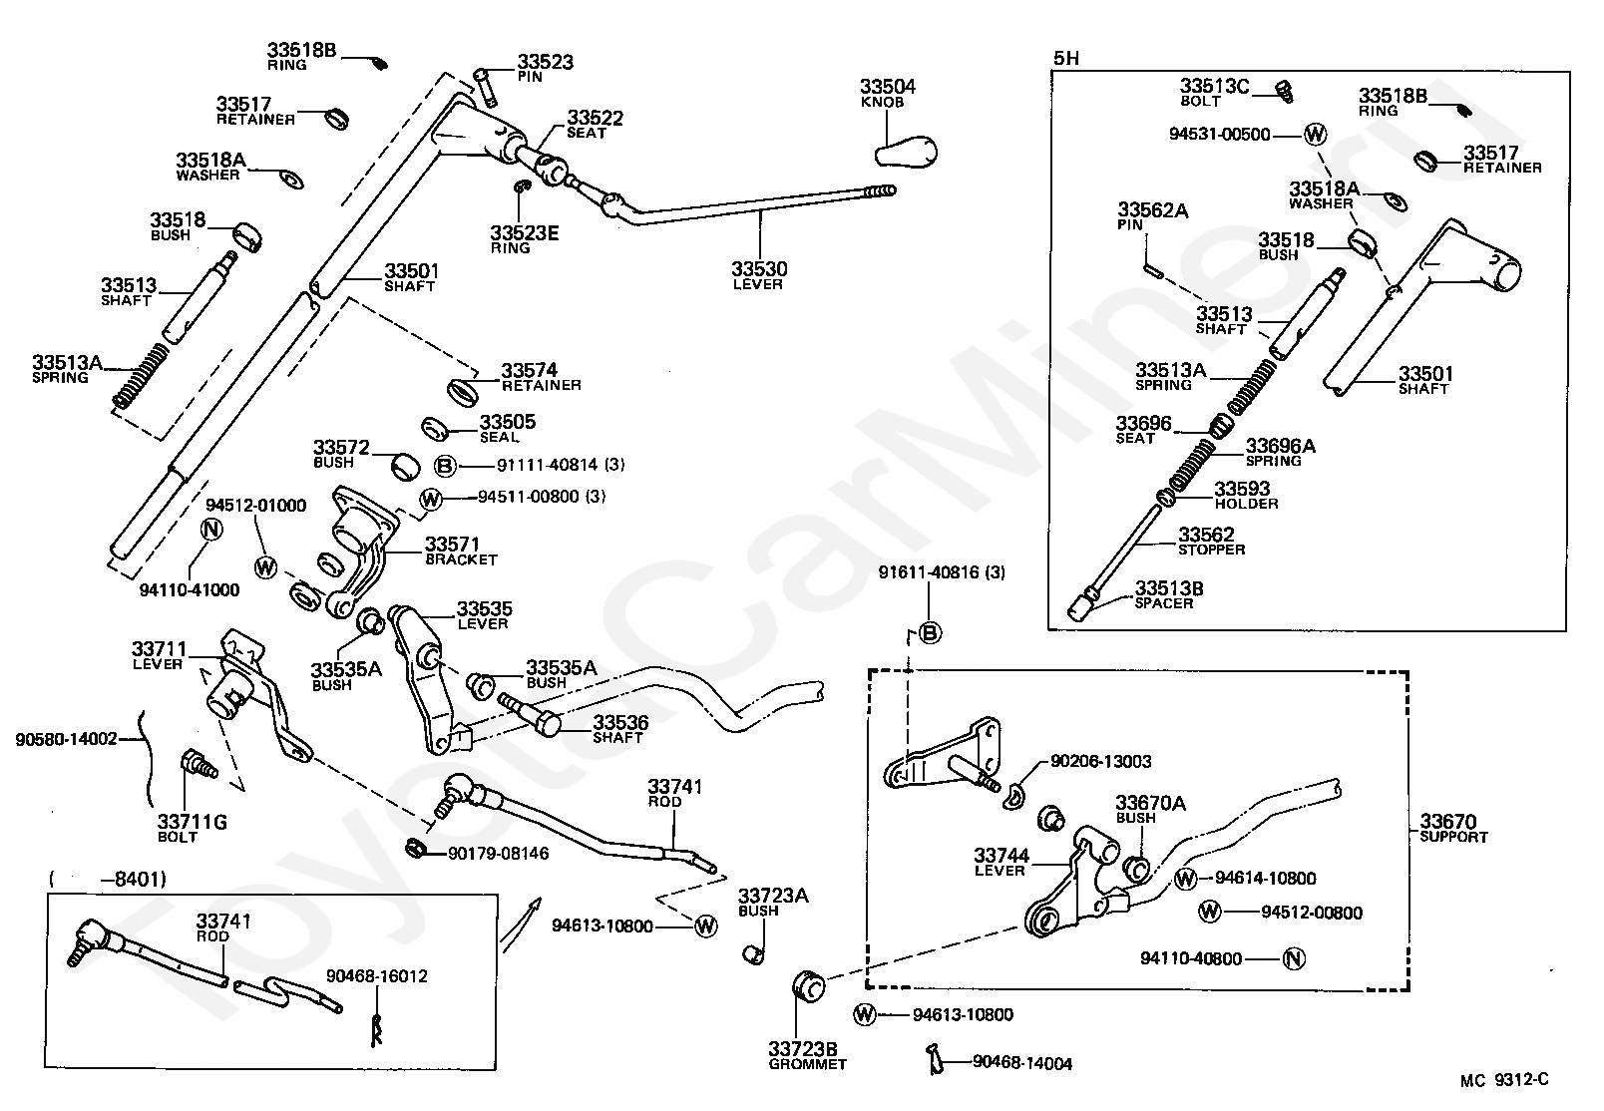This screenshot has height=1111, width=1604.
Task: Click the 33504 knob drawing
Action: (906, 151)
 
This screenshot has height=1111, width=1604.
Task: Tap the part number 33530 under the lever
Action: (759, 269)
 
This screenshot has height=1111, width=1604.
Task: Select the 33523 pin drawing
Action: (485, 87)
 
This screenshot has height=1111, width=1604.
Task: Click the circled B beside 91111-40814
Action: (446, 466)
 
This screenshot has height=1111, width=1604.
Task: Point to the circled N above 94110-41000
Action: (211, 529)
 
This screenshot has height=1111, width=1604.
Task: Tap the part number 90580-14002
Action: (66, 739)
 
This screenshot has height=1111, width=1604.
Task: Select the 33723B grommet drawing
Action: (808, 985)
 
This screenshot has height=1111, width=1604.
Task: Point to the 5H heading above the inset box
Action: (1066, 58)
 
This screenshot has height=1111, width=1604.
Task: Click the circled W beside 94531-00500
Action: (1315, 134)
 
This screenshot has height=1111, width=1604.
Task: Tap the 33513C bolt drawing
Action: (1284, 92)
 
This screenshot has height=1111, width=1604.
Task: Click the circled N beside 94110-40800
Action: (1294, 958)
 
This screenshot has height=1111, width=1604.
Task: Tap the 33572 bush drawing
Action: (406, 466)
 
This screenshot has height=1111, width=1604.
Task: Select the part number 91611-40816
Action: (929, 572)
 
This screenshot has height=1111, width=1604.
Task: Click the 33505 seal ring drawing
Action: (435, 429)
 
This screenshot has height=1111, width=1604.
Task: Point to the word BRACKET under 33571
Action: (461, 559)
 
